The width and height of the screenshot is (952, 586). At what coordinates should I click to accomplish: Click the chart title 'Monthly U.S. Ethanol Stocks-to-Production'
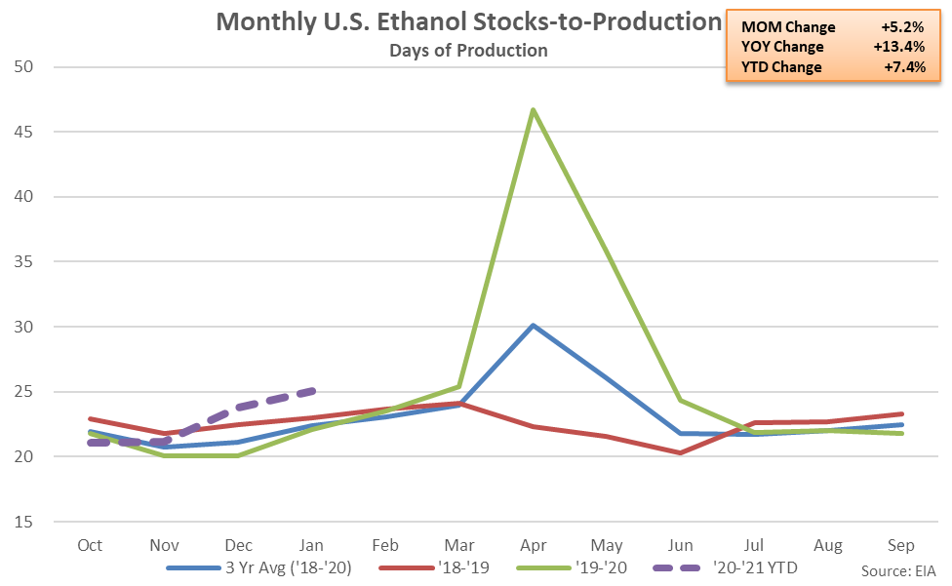coord(469,21)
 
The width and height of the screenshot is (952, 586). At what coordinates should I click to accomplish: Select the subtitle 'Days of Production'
coord(469,51)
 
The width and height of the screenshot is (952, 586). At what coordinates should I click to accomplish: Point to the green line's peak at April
coord(534,110)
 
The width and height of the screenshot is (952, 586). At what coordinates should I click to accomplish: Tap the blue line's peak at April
coord(534,326)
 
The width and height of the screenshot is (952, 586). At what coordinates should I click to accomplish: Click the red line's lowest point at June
coord(681,452)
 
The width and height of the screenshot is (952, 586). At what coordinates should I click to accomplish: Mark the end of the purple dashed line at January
coord(314,390)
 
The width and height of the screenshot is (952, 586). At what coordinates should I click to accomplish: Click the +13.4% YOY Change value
coord(899,47)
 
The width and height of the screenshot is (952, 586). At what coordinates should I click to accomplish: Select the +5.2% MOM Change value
coord(903,26)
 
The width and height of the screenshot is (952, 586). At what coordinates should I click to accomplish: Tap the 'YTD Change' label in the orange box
coord(781,66)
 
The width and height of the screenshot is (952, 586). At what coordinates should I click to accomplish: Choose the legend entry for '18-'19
coord(434,567)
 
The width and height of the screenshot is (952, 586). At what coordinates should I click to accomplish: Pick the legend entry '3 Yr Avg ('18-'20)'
coord(259,567)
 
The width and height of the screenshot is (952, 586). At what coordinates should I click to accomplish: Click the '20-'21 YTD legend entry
coord(725,567)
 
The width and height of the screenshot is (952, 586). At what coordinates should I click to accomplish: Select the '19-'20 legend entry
coord(572,567)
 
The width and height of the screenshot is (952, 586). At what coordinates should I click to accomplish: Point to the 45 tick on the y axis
coord(23,132)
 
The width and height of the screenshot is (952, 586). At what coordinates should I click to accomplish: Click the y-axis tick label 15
coord(23,522)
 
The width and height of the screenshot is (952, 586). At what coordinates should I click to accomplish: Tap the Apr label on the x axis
coord(534,545)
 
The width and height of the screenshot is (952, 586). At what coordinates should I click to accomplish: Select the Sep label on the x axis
coord(901,545)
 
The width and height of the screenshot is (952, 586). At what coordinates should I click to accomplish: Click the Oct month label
coord(90,545)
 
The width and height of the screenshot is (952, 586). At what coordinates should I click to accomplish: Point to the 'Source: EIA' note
coord(898,570)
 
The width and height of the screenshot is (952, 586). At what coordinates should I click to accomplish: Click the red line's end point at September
coord(901,413)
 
